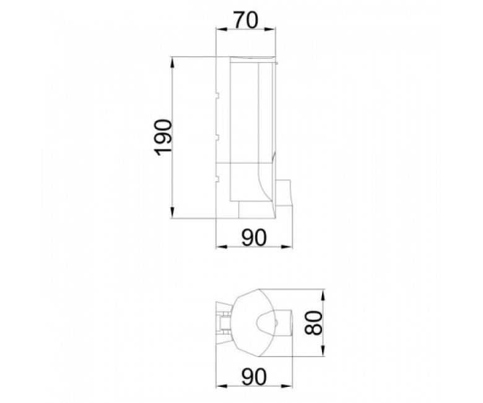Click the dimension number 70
pos(245,21)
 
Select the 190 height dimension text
pos(163,138)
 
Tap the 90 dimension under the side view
pos(253,238)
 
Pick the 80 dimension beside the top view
pos(313,323)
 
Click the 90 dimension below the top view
pos(253,377)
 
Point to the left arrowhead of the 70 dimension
pos(222,29)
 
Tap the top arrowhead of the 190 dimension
pos(173,63)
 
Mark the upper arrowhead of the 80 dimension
pos(323,295)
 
